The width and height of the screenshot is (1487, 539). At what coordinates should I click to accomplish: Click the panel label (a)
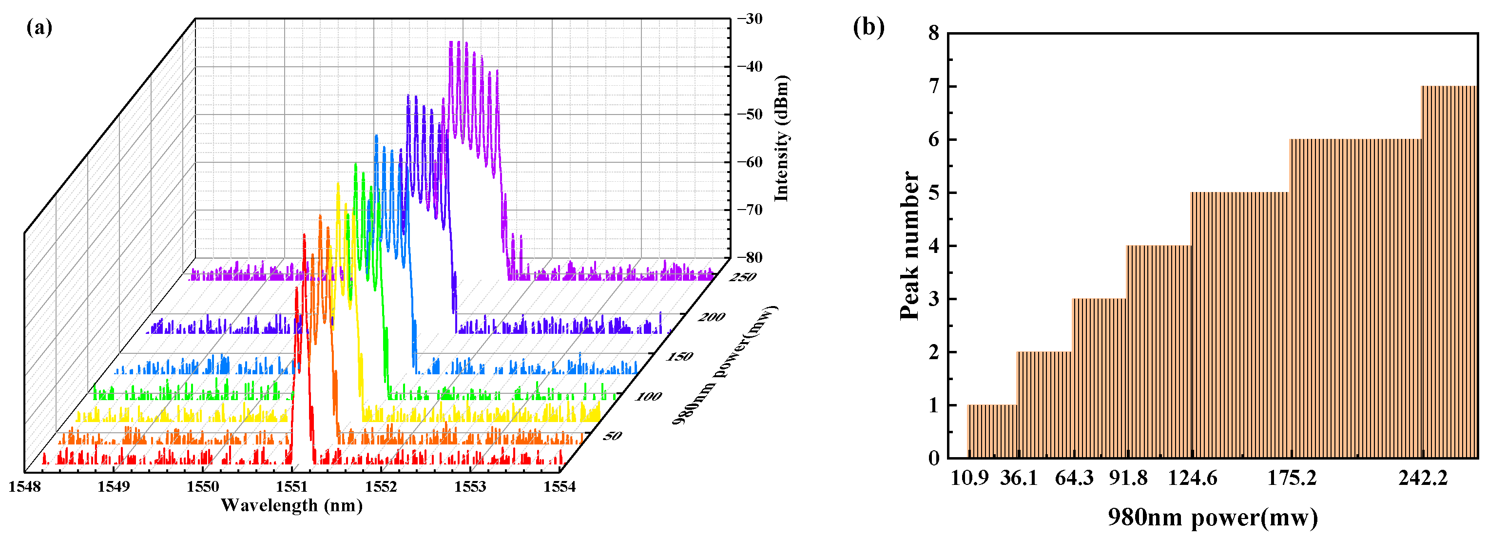tap(39, 28)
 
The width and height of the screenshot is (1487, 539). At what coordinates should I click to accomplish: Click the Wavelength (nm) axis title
tap(291, 505)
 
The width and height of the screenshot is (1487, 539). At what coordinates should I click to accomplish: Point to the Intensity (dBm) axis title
tap(782, 138)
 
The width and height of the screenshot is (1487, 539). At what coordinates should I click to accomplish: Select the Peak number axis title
tap(910, 245)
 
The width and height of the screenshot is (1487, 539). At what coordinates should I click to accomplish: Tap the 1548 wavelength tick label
tap(24, 487)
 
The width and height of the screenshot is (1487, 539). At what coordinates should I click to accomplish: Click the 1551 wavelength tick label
tap(291, 487)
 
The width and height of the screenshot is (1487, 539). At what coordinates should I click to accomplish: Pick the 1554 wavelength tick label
tap(560, 487)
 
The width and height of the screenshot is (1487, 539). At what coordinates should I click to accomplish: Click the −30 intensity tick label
tap(749, 19)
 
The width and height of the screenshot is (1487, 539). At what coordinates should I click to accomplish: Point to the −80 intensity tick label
tap(749, 257)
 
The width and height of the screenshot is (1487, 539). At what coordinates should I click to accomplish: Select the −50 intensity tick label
tap(749, 114)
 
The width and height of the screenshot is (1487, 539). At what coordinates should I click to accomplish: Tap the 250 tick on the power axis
tap(743, 278)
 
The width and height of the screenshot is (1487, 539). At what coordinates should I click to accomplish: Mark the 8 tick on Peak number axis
tap(934, 34)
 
